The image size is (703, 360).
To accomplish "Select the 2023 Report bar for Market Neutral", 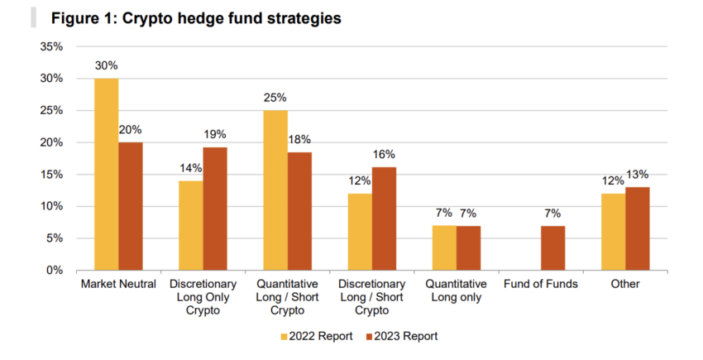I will [x=131, y=206].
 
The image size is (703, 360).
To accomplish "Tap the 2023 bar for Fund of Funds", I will [x=553, y=247].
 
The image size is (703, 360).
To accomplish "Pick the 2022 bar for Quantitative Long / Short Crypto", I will [x=275, y=190].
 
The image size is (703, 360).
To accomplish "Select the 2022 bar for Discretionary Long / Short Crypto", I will [x=361, y=232].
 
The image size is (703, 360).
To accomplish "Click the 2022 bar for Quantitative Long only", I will [x=445, y=247].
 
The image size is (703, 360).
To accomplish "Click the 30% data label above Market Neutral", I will [x=107, y=66].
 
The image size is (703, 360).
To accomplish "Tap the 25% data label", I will [x=275, y=98].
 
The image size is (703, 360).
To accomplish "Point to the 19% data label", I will [x=214, y=135].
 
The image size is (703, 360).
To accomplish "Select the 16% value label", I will [x=384, y=154].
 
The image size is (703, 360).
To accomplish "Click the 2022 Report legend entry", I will [x=317, y=336].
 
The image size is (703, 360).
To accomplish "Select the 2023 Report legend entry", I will [x=404, y=336].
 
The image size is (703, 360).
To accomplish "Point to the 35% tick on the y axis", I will [x=52, y=46].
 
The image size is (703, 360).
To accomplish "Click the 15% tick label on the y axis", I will [x=52, y=175].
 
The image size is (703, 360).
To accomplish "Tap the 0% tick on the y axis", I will [x=55, y=271].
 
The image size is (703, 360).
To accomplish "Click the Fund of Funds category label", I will [x=541, y=285].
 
